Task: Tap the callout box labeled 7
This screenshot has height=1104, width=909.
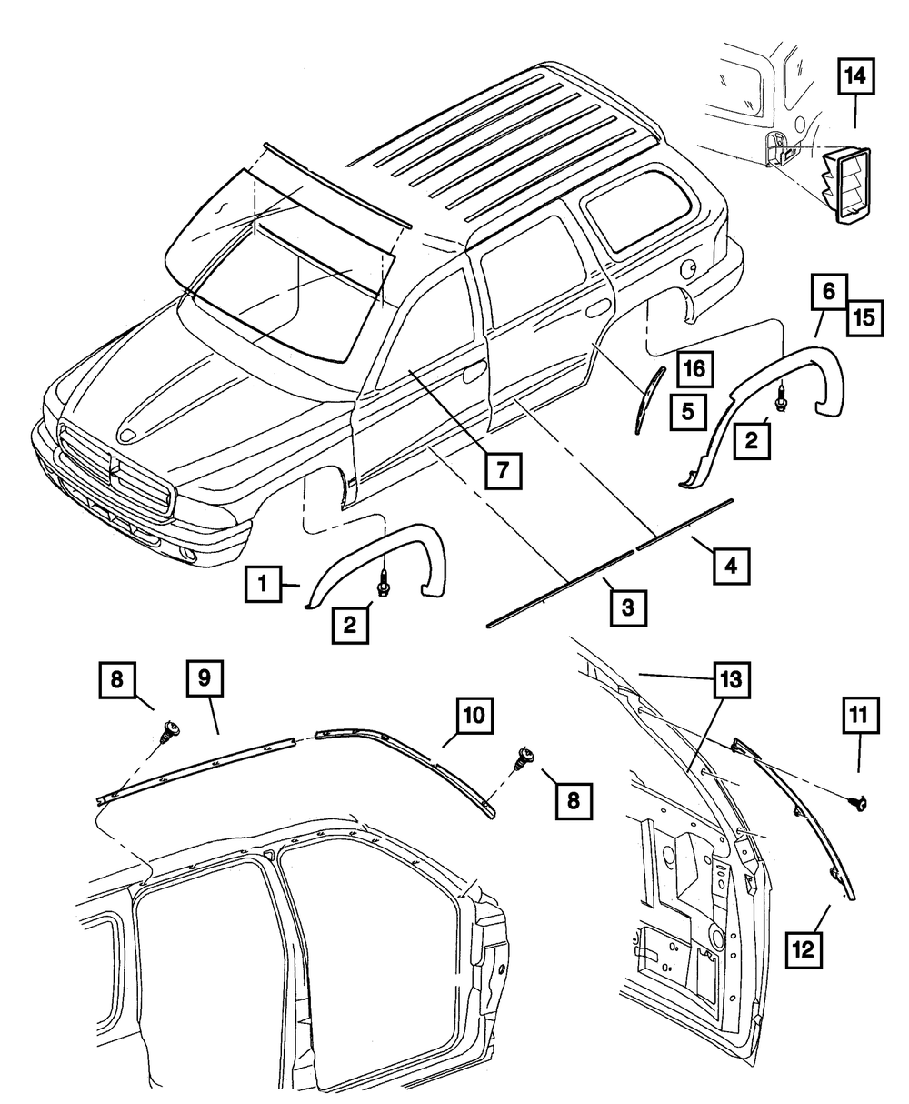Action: coord(502,470)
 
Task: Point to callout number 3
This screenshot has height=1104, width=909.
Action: coord(628,605)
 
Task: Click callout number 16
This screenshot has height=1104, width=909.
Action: coord(693,369)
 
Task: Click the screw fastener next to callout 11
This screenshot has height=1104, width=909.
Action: coord(857,802)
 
